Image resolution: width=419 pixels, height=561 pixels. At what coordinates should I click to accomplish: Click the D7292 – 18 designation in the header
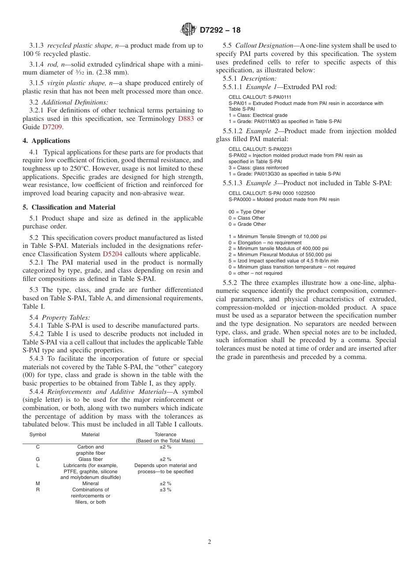[x=220, y=30]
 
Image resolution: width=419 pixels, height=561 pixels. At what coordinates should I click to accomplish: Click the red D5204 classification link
[x=112, y=254]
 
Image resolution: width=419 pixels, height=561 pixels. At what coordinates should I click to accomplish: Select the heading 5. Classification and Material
[x=69, y=207]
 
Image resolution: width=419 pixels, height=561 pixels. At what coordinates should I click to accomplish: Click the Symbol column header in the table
[x=37, y=434]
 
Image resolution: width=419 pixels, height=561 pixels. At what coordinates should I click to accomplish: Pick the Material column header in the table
[x=90, y=434]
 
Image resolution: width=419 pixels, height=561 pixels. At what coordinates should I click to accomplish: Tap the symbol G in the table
[x=37, y=459]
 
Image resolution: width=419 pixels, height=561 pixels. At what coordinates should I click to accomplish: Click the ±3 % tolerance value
[x=165, y=490]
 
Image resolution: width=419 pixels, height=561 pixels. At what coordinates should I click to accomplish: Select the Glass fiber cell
[x=90, y=459]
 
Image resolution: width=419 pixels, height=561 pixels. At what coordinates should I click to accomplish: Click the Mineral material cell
[x=90, y=483]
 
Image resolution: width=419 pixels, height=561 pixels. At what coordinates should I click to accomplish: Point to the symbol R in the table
[x=37, y=490]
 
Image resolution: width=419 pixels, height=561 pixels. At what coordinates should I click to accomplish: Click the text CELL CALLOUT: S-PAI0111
[x=260, y=97]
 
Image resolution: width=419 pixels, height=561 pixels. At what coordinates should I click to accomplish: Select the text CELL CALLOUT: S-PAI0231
[x=260, y=149]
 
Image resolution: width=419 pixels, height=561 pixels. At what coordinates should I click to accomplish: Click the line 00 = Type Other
[x=247, y=212]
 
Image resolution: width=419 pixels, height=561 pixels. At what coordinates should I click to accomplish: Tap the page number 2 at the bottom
[x=209, y=542]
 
